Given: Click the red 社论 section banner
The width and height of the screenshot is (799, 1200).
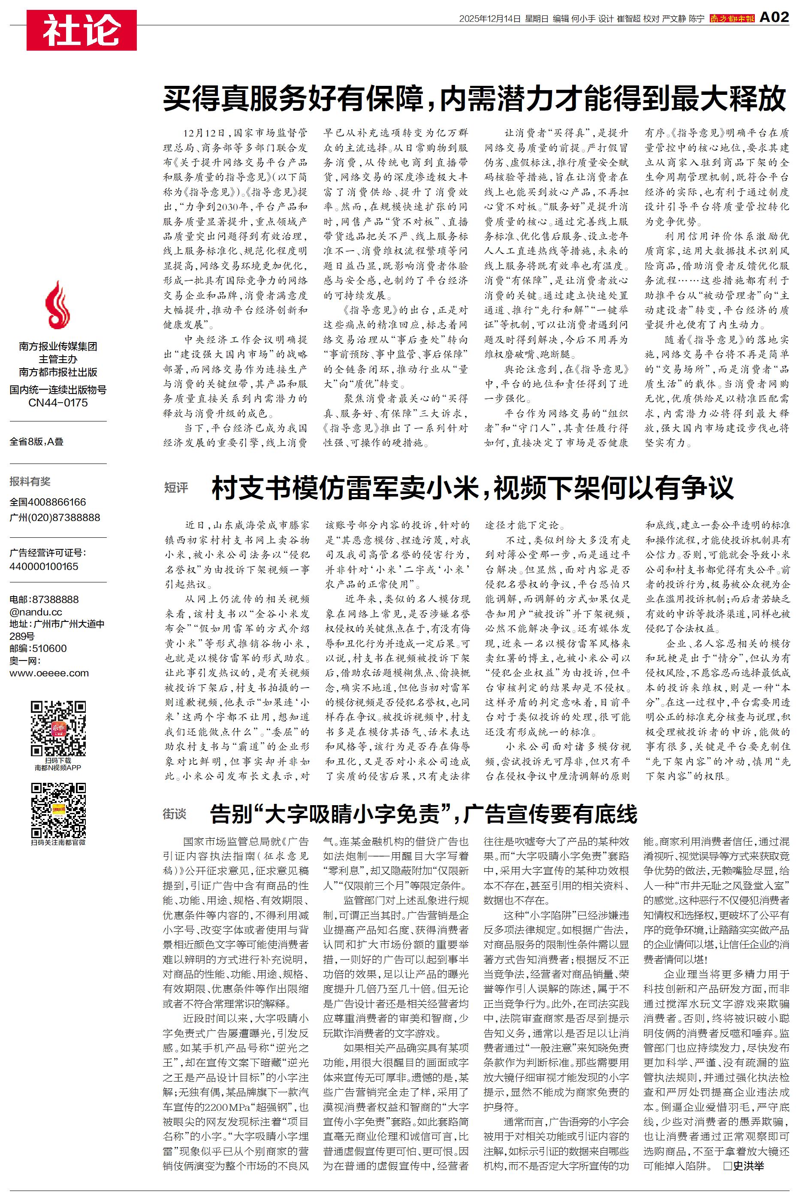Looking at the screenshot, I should coord(81,30).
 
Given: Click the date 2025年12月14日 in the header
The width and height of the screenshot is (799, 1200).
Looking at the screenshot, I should coord(490,19).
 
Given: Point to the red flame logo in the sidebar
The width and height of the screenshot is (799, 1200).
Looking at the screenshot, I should coord(57,305).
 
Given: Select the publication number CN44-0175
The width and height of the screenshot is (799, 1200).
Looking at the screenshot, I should coord(57,403).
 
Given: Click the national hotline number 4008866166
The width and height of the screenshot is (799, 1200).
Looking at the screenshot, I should coord(57,502).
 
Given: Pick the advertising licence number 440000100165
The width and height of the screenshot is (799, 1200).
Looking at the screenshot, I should coord(44,567).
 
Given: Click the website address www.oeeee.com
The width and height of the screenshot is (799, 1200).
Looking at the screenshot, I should coord(49,673).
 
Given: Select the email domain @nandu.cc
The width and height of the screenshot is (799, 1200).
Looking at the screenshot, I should coord(36,612).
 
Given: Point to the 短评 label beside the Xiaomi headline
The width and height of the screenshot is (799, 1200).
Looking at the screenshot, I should coord(176,488).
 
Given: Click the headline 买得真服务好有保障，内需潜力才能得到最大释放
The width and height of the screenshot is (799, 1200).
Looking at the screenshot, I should coord(474,98).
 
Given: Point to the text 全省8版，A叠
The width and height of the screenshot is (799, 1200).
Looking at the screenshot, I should coord(37,442).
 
